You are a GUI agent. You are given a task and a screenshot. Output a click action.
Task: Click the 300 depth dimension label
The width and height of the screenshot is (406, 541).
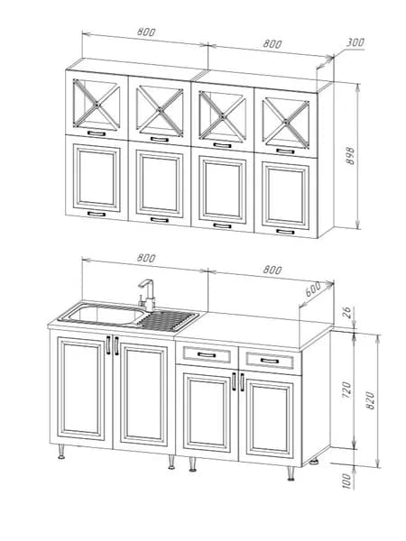[355, 42]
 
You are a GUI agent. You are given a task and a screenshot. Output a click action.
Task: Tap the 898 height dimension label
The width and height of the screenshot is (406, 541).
[350, 156]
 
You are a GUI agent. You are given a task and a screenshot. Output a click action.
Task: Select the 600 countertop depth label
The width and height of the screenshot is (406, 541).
[313, 289]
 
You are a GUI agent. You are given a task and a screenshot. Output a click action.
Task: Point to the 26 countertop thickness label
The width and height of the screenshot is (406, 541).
[347, 312]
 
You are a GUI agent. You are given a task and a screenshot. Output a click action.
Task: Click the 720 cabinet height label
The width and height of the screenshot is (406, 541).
[347, 390]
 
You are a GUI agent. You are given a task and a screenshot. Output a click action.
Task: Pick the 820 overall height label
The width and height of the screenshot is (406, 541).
[370, 400]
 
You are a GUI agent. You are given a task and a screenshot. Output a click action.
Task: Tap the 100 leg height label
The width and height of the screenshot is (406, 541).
[347, 481]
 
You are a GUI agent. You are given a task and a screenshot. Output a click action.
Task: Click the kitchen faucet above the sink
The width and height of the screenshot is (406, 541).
[147, 296]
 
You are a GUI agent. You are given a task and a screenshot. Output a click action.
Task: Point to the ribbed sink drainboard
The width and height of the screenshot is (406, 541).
[168, 320]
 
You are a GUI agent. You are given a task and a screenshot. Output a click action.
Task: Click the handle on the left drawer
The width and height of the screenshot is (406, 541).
[207, 354]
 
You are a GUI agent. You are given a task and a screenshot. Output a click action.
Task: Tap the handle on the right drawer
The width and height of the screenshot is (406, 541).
[270, 361]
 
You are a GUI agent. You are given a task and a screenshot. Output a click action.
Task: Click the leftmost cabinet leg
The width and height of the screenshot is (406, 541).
[61, 452]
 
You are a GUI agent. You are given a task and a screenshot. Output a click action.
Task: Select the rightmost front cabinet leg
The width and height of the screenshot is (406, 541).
[291, 473]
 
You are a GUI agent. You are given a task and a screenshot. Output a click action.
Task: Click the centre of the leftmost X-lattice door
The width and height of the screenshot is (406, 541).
[97, 103]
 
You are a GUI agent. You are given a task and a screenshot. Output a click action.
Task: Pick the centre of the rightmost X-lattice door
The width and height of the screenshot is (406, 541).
[285, 122]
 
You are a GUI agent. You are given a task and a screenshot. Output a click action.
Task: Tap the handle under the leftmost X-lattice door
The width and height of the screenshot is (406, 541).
[97, 133]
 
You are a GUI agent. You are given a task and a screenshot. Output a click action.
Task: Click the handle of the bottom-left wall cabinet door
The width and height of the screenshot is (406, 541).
[97, 214]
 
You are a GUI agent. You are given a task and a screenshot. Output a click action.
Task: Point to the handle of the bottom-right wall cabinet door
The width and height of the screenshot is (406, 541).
[285, 231]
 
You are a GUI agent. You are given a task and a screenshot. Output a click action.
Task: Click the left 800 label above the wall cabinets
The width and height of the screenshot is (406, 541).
[146, 32]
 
